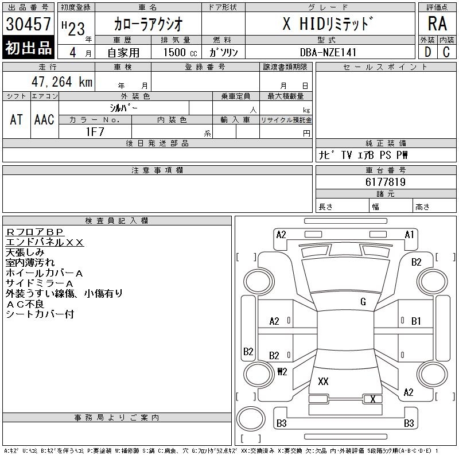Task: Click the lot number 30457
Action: tap(28, 24)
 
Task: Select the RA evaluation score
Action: tap(437, 24)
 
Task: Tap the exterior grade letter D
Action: tap(427, 52)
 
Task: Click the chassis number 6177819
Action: tap(386, 182)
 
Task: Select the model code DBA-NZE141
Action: tap(329, 52)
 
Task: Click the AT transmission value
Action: tap(17, 119)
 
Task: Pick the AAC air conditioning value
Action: tap(44, 119)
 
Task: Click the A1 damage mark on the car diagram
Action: tap(409, 234)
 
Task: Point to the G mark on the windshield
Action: tap(363, 302)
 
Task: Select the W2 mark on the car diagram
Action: tap(282, 371)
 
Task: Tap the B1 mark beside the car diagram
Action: tap(416, 321)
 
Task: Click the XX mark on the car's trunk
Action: tap(323, 381)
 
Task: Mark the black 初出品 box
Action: tap(28, 48)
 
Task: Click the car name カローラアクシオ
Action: tap(148, 24)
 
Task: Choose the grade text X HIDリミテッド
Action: tap(329, 24)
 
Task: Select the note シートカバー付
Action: tap(40, 314)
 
